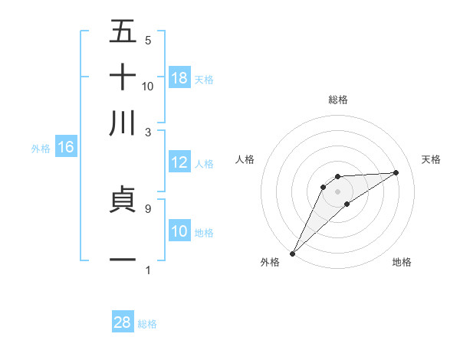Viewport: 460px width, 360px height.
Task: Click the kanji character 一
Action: click(123, 260)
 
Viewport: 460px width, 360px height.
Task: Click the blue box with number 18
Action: click(179, 77)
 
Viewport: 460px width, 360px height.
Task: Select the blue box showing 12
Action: click(179, 162)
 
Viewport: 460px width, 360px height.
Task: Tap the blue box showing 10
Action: click(179, 231)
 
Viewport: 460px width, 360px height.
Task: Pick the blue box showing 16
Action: click(66, 147)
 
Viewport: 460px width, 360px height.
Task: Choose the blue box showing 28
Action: click(123, 322)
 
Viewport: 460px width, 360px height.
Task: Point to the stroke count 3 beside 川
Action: click(147, 132)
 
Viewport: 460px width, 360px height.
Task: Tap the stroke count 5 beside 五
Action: click(147, 40)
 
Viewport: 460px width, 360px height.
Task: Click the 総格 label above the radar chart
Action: click(337, 100)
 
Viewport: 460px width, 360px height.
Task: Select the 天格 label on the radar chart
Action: click(432, 159)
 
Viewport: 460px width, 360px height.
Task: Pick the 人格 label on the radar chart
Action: click(245, 159)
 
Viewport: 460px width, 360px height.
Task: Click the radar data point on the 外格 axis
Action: click(292, 253)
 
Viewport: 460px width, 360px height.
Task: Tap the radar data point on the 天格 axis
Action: click(396, 172)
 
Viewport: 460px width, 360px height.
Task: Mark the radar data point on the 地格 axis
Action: click(347, 204)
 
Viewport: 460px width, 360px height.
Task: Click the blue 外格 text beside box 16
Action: click(40, 148)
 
